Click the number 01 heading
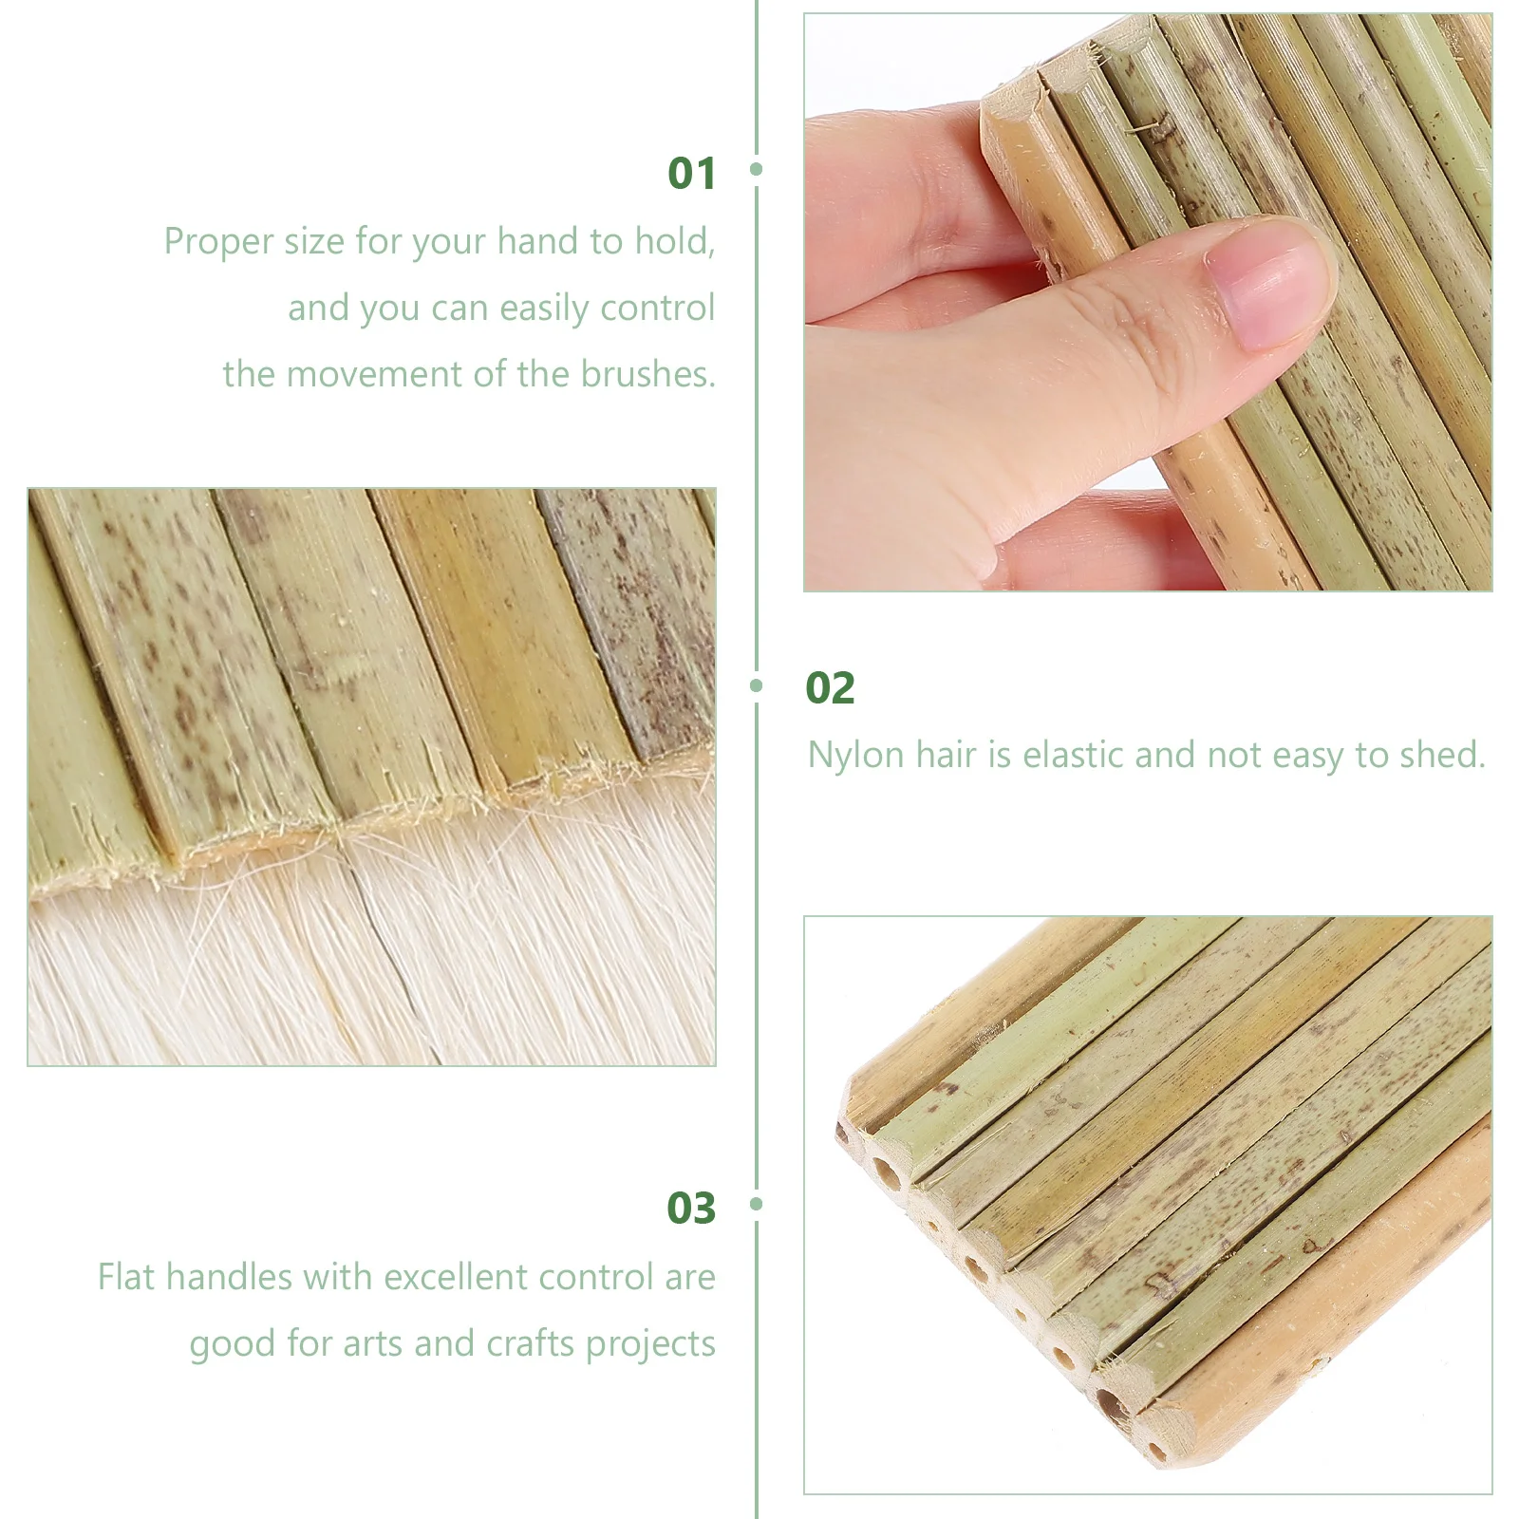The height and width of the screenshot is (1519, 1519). coord(691,174)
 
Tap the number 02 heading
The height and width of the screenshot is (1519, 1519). coord(830,688)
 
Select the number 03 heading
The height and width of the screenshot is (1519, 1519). coord(691,1209)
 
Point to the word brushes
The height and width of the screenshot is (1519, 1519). coord(647,374)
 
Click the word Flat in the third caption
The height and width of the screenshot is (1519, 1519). coord(127,1278)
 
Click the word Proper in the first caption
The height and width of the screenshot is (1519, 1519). coord(218,243)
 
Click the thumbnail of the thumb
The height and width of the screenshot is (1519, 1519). coord(1272,285)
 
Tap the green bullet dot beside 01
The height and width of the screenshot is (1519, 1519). coord(757,169)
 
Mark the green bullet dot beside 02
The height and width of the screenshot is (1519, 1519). coord(757,685)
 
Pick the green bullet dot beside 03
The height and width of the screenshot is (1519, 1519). coord(757,1204)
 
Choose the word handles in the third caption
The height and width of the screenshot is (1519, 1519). coord(229,1278)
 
